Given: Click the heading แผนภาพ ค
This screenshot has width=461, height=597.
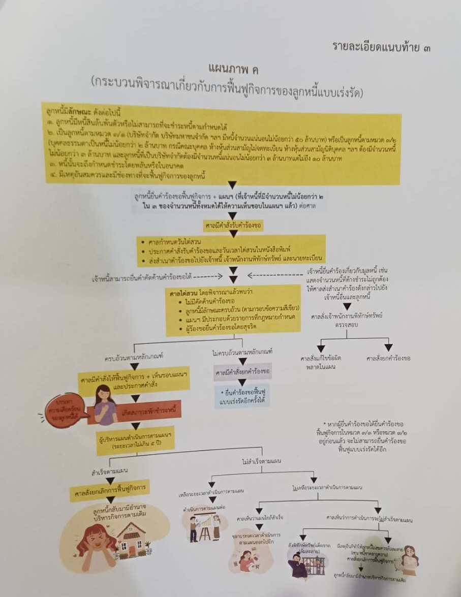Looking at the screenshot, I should (230, 68).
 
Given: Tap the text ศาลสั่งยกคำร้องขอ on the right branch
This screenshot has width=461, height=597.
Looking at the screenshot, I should (388, 358).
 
